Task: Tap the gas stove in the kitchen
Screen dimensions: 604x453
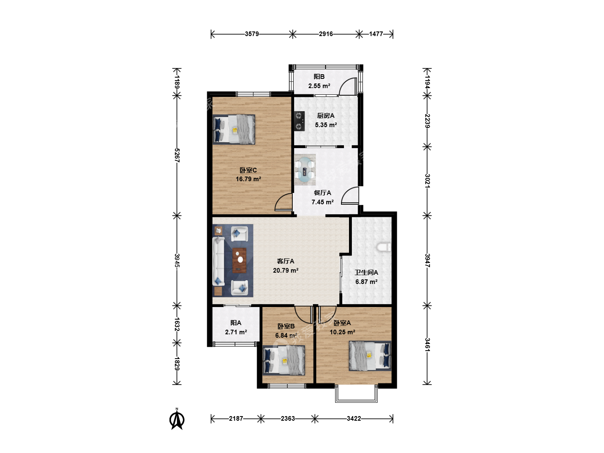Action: pos(299,121)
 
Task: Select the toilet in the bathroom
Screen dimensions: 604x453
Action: pos(384,247)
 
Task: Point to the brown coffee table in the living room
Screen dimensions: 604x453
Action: pos(240,260)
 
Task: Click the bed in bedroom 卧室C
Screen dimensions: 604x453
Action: pos(234,130)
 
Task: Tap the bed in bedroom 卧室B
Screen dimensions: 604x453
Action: pos(284,360)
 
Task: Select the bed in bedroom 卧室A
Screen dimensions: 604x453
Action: pos(370,356)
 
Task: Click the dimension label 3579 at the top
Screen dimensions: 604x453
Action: pos(252,34)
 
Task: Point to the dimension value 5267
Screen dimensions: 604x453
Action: pos(177,155)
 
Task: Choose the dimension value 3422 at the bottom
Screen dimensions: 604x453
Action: pos(354,419)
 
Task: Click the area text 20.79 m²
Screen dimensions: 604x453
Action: pos(286,271)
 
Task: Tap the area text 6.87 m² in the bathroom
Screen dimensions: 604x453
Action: pos(366,282)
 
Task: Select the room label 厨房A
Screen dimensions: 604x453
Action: pos(326,116)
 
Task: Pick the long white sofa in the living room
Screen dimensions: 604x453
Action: pos(219,261)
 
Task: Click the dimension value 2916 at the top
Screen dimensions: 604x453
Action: pos(326,34)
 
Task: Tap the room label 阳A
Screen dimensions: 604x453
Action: pos(236,323)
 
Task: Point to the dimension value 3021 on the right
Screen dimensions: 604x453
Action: pos(427,181)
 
